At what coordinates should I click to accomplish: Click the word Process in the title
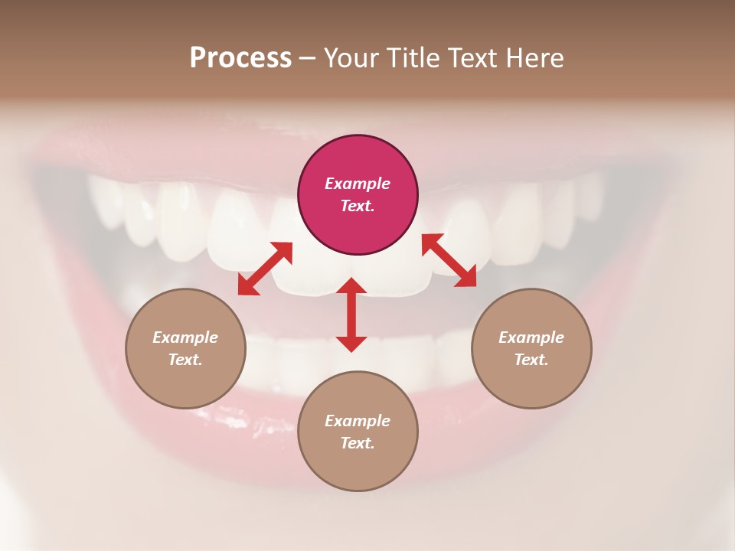(x=240, y=58)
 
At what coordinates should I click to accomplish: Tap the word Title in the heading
(x=414, y=58)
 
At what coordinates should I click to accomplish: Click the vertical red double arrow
(x=351, y=315)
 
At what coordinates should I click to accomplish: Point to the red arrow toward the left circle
(x=265, y=269)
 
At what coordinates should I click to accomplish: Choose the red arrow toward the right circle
(x=449, y=260)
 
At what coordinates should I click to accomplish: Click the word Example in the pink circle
(x=358, y=184)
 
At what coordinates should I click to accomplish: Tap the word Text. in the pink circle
(x=358, y=206)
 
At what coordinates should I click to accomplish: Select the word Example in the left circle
(x=185, y=337)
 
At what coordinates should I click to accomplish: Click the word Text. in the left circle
(x=185, y=360)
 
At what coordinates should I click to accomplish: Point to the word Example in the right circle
(x=531, y=337)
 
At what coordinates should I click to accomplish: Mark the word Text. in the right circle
(x=531, y=360)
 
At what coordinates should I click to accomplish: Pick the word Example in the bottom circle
(x=358, y=421)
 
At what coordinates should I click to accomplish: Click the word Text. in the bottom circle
(x=358, y=443)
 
